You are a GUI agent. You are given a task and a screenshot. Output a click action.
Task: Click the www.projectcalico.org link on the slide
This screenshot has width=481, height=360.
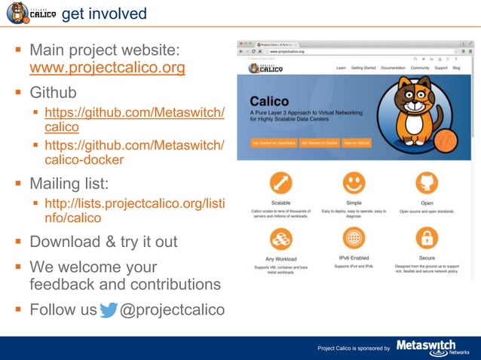107,69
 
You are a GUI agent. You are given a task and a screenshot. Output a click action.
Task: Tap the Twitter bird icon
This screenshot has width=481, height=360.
109,310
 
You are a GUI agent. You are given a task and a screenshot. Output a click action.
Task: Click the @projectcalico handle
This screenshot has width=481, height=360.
172,310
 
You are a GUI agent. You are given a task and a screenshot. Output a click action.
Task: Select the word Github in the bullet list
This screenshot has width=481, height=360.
53,93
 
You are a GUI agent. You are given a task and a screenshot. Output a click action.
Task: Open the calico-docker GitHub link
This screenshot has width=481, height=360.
134,152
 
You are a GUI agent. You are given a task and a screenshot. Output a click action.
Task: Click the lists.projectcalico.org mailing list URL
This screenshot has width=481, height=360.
134,211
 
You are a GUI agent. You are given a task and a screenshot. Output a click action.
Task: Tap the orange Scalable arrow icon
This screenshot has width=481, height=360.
280,183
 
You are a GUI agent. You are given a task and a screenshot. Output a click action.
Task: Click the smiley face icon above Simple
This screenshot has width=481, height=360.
353,183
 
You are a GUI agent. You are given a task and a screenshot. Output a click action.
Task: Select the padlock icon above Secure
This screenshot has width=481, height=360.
427,238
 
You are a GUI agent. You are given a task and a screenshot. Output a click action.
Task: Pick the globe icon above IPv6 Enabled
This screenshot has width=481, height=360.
353,238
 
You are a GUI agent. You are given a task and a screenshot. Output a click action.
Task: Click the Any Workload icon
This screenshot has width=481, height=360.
280,238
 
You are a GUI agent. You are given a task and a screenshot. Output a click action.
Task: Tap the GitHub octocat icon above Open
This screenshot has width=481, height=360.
427,183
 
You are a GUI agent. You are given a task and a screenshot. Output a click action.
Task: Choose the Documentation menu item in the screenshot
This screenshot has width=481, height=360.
393,68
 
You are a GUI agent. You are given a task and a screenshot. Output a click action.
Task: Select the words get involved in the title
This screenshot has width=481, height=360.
104,14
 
